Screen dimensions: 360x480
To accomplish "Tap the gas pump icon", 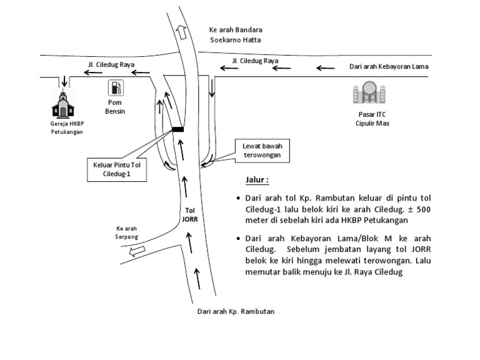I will click(116, 88).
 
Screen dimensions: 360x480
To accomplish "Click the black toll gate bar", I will click(178, 129).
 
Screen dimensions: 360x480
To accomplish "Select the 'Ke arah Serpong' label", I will click(126, 233).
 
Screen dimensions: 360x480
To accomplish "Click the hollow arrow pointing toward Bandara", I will click(182, 32).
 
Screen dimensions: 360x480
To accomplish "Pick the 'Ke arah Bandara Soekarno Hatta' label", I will click(236, 34).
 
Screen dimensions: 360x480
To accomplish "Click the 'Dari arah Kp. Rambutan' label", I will click(236, 311).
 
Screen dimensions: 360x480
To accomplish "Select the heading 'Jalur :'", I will click(257, 180).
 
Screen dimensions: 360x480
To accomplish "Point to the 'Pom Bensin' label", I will click(115, 107).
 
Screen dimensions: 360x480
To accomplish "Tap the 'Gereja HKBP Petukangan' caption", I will click(67, 128).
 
